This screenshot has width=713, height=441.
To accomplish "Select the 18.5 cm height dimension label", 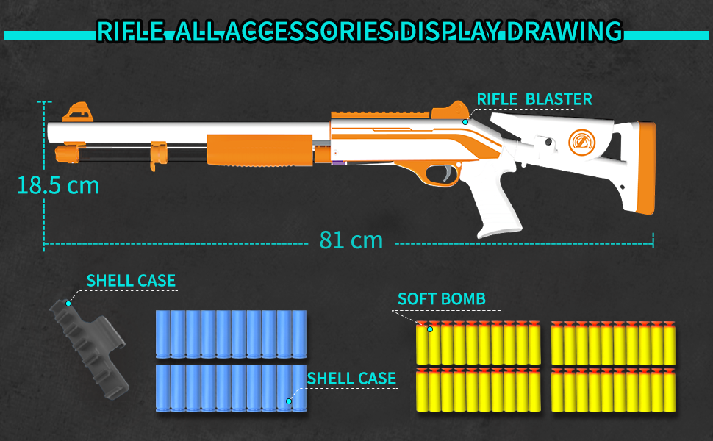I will point(57,185).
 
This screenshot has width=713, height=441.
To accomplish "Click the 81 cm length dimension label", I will point(351,240).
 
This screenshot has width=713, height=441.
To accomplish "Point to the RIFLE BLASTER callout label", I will point(534,99).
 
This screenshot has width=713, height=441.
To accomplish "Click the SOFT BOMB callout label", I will point(441,298).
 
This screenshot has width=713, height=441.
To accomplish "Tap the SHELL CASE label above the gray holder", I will point(131,281).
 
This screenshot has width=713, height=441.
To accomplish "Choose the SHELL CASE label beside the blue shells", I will point(351,379).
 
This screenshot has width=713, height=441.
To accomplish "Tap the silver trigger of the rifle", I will point(445,173).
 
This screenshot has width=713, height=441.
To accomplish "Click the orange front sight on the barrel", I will point(77,112).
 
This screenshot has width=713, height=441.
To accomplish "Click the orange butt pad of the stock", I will point(648,169).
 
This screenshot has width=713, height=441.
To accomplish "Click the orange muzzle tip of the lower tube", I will point(66,154).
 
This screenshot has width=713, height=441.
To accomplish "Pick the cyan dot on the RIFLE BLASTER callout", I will point(465,121).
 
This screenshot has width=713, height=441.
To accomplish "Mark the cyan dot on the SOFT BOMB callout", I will point(431,330).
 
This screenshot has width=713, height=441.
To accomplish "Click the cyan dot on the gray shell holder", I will point(68,302).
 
